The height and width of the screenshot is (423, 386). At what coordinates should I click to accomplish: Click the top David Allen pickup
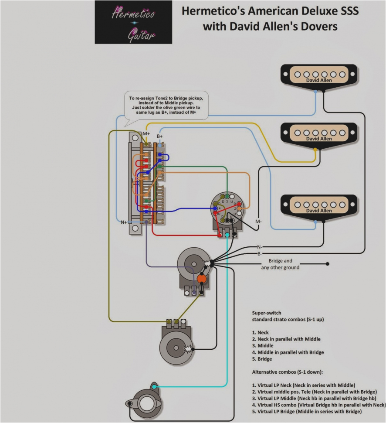pos(318,75)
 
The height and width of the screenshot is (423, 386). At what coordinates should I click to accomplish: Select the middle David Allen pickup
pos(318,133)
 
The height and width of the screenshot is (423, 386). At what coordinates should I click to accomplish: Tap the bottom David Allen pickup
pos(318,205)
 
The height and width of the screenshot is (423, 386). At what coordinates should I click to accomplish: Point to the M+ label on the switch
pos(146,133)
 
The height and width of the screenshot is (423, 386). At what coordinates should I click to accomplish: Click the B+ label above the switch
pos(160,136)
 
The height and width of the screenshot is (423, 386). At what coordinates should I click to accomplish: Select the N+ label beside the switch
pos(124,222)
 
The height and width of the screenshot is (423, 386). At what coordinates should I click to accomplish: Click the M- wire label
pos(258,222)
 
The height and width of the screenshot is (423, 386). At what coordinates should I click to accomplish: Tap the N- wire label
pos(259,247)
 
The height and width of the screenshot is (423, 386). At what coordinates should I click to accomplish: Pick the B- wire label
pos(259,253)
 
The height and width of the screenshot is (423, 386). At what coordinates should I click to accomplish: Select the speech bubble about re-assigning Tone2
pos(166,106)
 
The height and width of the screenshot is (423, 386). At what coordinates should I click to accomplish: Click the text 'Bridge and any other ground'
pos(280,264)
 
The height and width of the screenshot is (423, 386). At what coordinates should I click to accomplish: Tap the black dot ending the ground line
pos(328,264)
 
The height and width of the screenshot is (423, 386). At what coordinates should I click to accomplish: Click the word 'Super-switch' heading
pos(266,313)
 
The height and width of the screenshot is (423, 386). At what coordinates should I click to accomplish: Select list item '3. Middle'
pos(262,345)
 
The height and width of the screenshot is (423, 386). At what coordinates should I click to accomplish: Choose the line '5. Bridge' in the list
pos(262,359)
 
